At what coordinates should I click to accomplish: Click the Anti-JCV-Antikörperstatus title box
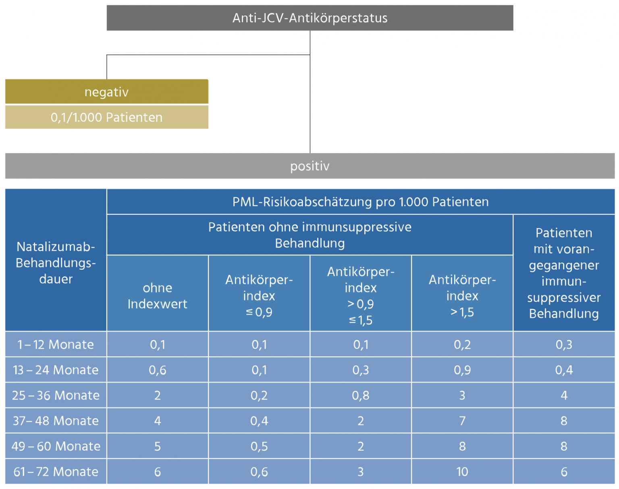point(309,18)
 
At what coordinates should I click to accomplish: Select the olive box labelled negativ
point(106,92)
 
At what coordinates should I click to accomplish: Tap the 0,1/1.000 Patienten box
point(106,117)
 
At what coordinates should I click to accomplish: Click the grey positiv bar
point(309,166)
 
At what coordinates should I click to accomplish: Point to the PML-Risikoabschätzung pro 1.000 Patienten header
point(360,202)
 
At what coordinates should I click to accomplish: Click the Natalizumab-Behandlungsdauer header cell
point(56,262)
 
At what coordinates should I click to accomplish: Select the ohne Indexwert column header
point(157,295)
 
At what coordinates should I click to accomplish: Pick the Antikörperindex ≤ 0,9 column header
point(259,295)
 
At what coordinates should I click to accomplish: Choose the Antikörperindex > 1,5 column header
point(462,295)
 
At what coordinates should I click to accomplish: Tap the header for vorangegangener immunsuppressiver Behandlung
point(563,273)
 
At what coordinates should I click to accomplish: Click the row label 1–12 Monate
point(56,345)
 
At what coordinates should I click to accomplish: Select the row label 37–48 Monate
point(56,421)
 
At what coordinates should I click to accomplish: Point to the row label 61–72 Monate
point(56,472)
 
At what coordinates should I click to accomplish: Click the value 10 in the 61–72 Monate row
point(462,472)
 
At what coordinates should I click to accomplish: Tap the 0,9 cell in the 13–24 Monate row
point(462,370)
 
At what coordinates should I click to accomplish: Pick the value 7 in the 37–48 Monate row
point(462,421)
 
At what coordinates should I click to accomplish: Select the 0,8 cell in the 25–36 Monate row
point(360,395)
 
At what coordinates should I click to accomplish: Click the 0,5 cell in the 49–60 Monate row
point(259,446)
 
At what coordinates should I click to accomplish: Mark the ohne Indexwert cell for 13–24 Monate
point(157,370)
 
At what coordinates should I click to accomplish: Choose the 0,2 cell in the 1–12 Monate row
point(462,345)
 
